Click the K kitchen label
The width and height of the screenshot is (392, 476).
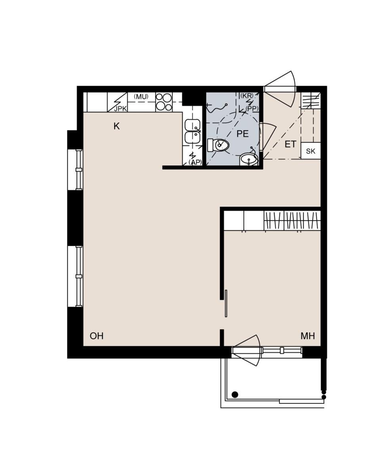tap(117, 126)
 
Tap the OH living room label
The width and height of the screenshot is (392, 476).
tap(97, 336)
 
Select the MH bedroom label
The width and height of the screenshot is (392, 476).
tap(308, 336)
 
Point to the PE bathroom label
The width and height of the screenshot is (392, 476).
tap(242, 134)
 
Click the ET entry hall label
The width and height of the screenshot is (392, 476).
tap(291, 144)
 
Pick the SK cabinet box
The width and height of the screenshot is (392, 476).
tap(311, 151)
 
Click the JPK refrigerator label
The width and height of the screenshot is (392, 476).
tap(120, 109)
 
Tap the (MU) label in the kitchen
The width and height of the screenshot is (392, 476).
tap(141, 97)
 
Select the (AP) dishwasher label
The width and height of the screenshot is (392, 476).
tap(195, 162)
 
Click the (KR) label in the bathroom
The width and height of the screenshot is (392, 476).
tap(247, 96)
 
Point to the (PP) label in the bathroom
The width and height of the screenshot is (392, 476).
tap(252, 109)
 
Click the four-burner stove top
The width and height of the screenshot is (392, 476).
tap(164, 102)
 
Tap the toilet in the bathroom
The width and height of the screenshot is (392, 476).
tap(218, 145)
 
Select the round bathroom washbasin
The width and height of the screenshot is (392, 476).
tap(249, 159)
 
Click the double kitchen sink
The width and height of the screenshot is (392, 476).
tap(193, 132)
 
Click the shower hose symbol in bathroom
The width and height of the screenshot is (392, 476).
tap(216, 108)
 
